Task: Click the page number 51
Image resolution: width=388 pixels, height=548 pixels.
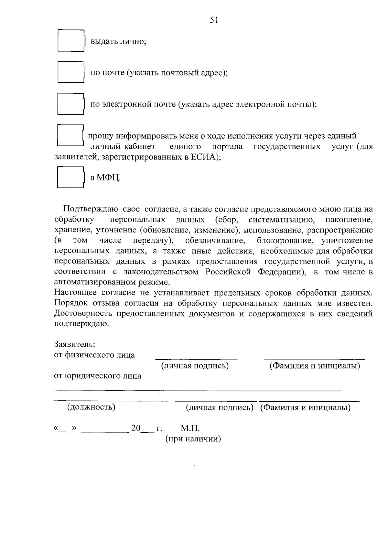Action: [x=214, y=20]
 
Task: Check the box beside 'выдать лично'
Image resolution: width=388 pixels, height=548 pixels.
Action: [x=71, y=41]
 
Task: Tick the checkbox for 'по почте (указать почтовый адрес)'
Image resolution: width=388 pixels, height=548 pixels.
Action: [x=71, y=72]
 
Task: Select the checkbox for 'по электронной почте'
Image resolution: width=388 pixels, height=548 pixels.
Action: [x=71, y=104]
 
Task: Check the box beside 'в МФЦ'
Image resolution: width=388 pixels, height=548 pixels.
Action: [x=70, y=177]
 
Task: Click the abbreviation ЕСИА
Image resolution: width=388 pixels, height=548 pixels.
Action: [x=204, y=157]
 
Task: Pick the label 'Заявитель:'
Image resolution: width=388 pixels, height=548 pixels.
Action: [x=74, y=344]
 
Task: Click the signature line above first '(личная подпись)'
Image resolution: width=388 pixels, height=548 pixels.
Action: [x=196, y=358]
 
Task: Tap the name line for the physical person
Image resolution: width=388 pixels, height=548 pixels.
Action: [x=315, y=358]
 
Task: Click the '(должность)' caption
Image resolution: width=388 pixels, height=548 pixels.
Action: [x=91, y=407]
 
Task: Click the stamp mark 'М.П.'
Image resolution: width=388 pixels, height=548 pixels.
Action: [x=190, y=429]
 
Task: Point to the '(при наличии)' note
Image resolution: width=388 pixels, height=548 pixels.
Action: [x=193, y=439]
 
